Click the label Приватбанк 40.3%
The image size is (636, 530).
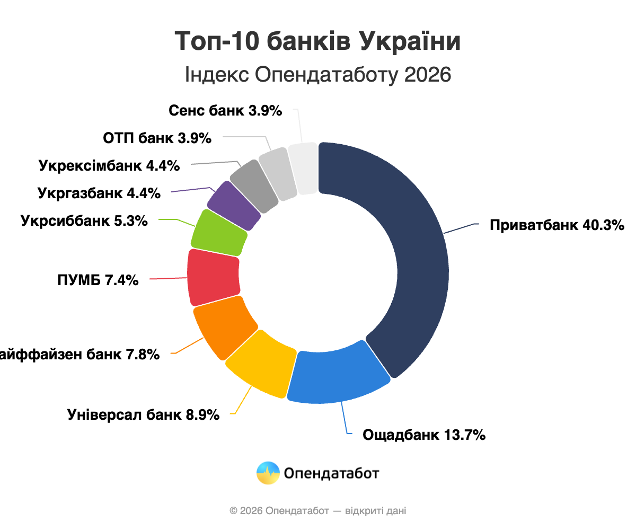[x=557, y=225]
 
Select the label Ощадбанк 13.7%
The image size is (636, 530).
[x=424, y=435]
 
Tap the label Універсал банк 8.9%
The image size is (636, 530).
[x=144, y=415]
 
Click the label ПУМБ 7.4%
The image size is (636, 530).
[x=98, y=280]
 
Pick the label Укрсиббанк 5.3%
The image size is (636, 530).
[x=84, y=220]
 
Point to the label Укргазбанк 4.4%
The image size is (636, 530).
[x=99, y=193]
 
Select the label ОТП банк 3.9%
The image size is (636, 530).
[x=157, y=138]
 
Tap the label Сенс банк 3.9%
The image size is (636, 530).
[x=225, y=111]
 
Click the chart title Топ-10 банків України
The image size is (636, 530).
[x=317, y=41]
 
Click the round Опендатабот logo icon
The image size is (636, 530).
[x=268, y=473]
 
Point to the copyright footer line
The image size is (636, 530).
[x=318, y=511]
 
